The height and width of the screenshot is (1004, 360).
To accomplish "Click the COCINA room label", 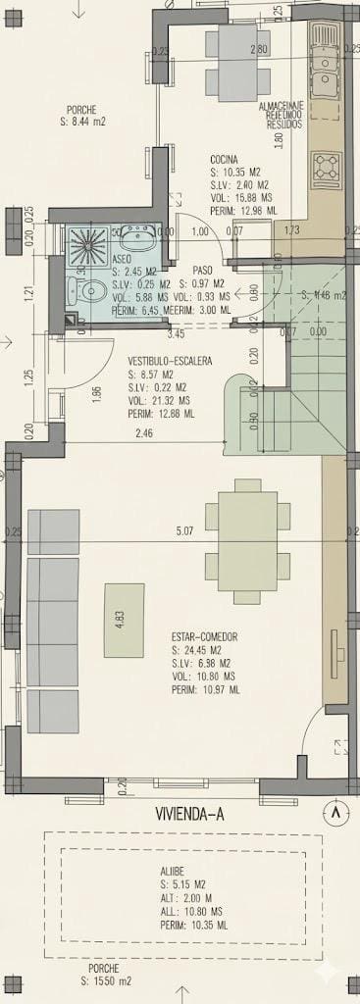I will click(226, 159).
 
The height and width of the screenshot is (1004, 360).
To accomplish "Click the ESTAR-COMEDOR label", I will click(203, 636).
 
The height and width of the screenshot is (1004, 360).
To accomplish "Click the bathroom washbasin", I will click(136, 236).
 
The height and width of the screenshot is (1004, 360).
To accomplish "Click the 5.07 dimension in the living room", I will click(183, 531).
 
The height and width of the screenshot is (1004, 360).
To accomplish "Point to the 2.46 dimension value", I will click(144, 432).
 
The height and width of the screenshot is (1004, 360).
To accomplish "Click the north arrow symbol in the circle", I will click(337, 812).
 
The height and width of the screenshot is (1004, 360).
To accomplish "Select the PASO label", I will click(203, 270).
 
